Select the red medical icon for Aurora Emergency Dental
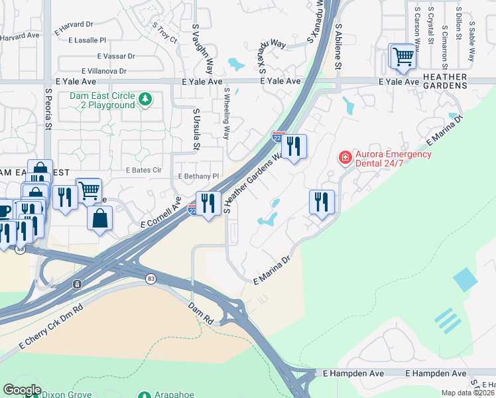tap(345, 157)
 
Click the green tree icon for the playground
tap(145, 100)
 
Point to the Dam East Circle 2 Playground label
tap(102, 100)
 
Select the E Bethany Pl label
tap(198, 176)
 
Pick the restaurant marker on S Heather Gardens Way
tap(294, 146)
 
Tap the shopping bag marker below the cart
tap(99, 218)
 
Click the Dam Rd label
tap(200, 313)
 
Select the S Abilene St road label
tap(338, 46)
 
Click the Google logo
tap(22, 390)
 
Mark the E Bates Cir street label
tap(144, 170)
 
